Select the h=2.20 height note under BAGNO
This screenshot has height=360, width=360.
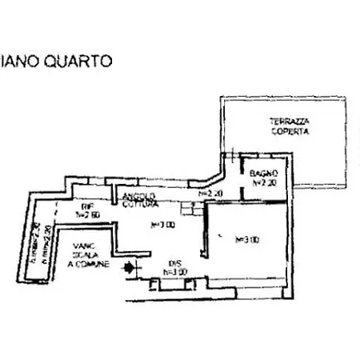264,182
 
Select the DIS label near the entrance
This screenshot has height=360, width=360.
174,263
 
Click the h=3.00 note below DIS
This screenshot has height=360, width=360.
174,271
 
